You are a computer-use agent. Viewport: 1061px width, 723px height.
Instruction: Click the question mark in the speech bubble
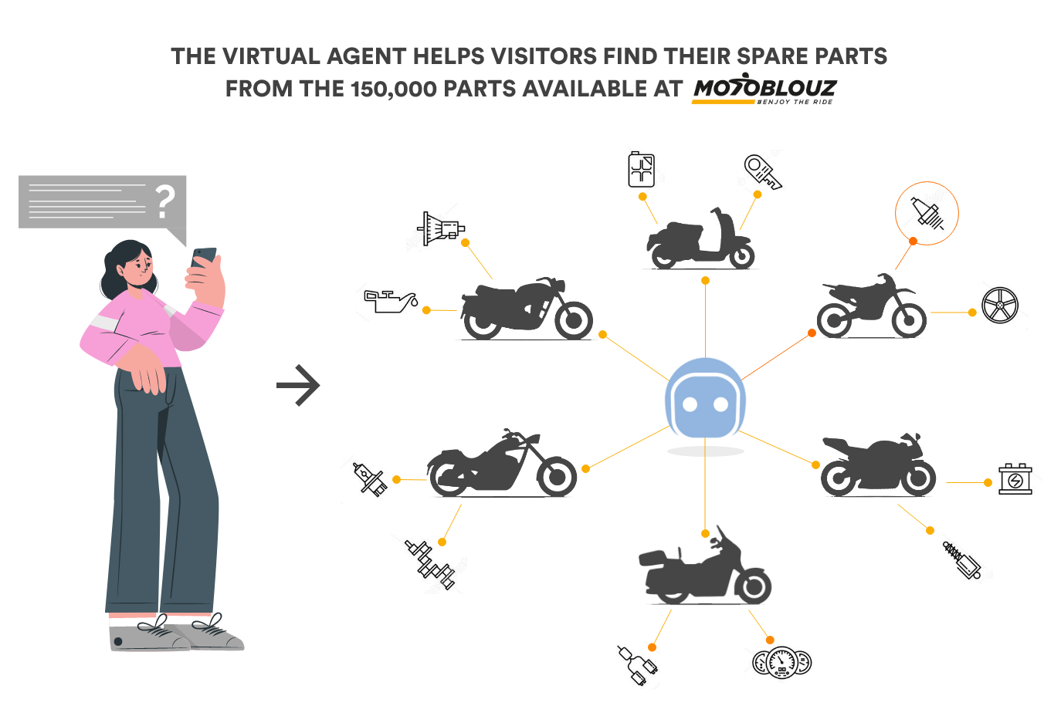[164, 201]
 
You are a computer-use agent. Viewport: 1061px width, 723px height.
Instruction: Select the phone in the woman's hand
[204, 257]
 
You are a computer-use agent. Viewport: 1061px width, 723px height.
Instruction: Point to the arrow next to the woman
[298, 384]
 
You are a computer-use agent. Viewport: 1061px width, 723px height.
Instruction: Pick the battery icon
[1016, 481]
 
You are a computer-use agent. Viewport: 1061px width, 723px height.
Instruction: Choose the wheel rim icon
[1002, 306]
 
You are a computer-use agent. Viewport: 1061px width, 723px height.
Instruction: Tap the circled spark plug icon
[927, 213]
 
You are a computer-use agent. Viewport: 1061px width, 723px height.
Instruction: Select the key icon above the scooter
[761, 172]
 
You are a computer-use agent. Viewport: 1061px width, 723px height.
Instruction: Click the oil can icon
[392, 302]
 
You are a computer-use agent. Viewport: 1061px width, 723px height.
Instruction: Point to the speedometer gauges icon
[785, 663]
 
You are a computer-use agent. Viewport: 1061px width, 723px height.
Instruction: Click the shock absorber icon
[963, 559]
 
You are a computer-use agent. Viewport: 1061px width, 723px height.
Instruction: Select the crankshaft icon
[429, 562]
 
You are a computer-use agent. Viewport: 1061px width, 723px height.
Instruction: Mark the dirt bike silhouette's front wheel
[907, 318]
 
